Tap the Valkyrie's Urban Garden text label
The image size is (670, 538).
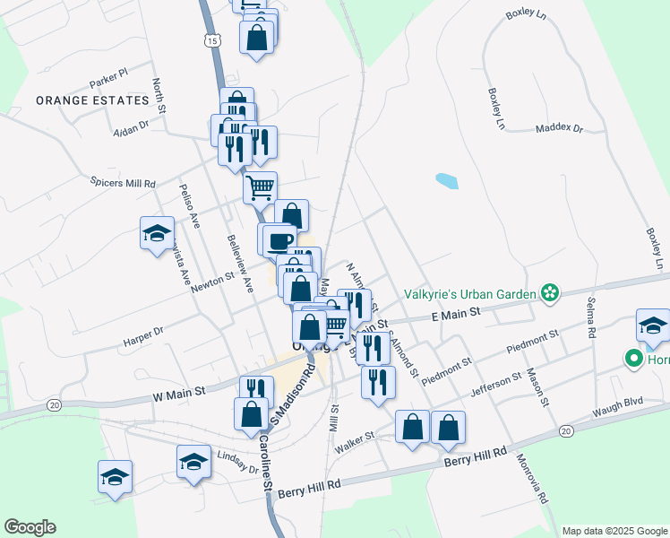tap(468, 293)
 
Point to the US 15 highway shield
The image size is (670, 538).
tap(210, 40)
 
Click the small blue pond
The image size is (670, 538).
tap(447, 181)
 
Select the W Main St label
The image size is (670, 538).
tap(179, 392)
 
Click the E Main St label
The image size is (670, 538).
tap(457, 312)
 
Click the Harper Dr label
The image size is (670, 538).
tap(144, 338)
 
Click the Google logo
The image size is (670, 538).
tap(30, 527)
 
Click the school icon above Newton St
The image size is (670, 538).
tap(158, 233)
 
